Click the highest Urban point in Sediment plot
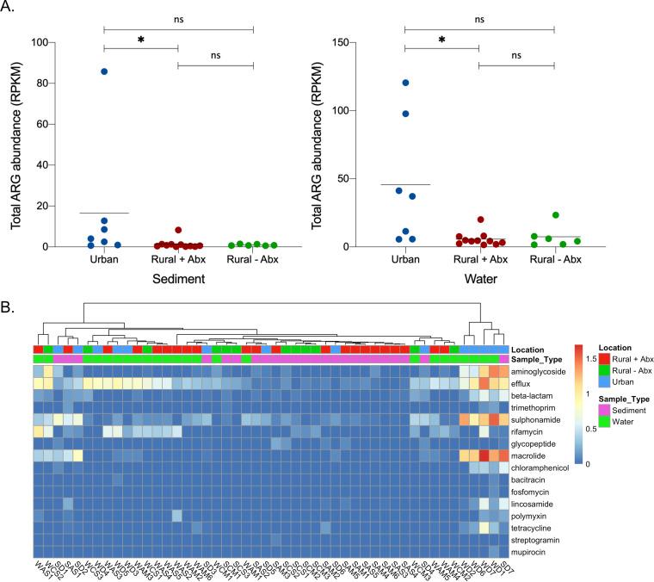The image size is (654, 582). [x=104, y=71]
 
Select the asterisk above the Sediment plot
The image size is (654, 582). [x=140, y=40]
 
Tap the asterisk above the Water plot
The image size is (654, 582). [x=441, y=40]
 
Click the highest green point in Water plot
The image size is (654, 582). [x=556, y=215]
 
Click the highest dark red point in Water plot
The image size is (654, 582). [x=482, y=220]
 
